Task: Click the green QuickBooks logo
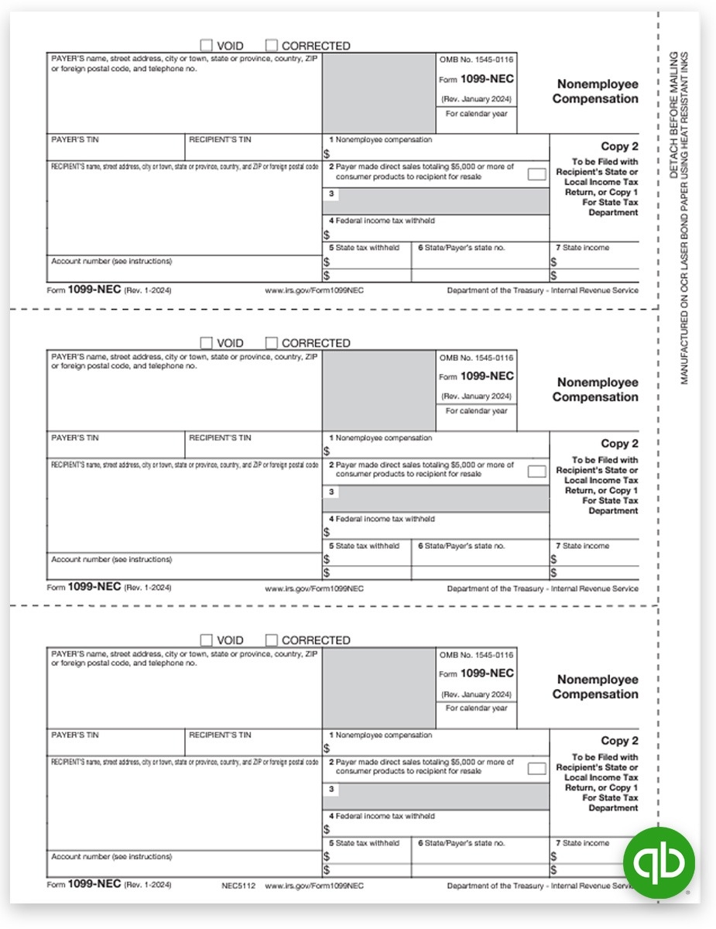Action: click(x=659, y=862)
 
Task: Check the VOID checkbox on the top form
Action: click(x=207, y=46)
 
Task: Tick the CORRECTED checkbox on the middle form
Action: click(x=272, y=343)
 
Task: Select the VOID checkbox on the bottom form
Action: click(x=207, y=640)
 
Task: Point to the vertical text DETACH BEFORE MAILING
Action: click(x=673, y=115)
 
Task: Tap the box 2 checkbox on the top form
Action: click(x=536, y=174)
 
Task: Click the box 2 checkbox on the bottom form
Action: click(x=536, y=769)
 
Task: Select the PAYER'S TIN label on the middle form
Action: click(x=75, y=438)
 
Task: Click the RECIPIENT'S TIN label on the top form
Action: click(x=221, y=140)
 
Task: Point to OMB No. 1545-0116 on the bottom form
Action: click(x=476, y=655)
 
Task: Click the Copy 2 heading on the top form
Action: click(x=619, y=146)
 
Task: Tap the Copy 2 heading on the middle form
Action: click(x=619, y=444)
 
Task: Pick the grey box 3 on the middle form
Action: click(x=436, y=499)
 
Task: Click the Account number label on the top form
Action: click(x=111, y=262)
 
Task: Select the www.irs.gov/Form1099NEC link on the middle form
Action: click(x=314, y=588)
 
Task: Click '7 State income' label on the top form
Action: click(x=582, y=248)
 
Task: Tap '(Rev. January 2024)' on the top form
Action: click(x=476, y=99)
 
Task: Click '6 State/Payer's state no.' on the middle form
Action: click(x=461, y=546)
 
